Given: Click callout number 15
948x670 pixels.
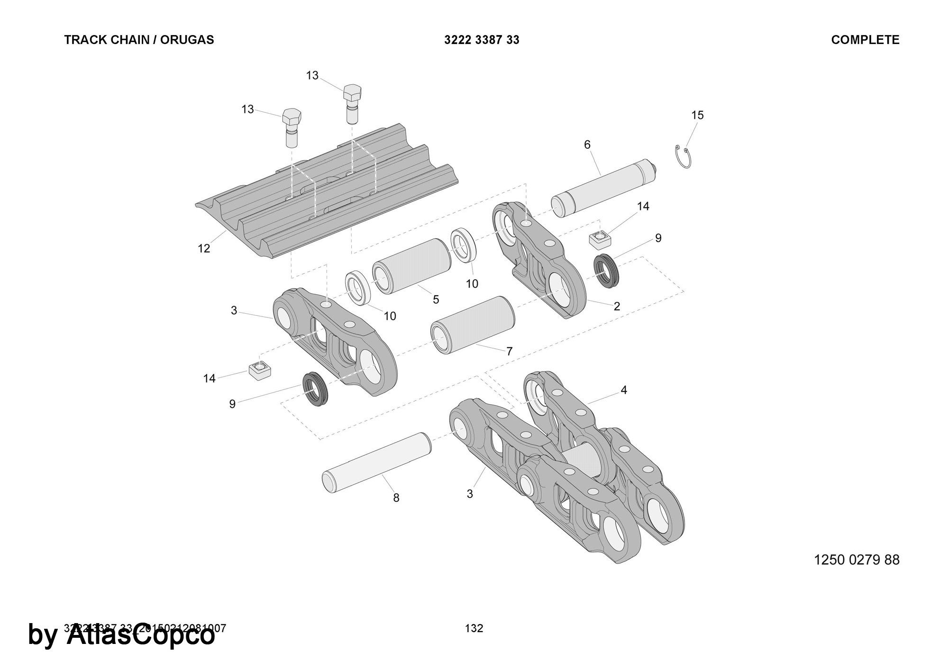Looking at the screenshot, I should (x=697, y=115).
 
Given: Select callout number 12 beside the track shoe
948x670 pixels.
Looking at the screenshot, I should (x=204, y=248).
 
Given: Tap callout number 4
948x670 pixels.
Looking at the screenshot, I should (x=624, y=390).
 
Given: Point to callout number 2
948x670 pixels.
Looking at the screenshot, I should (x=617, y=306).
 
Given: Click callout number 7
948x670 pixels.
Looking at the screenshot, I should (x=510, y=351).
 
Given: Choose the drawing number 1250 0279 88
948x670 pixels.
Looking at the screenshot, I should (x=857, y=560).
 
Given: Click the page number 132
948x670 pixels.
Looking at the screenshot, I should (x=474, y=628).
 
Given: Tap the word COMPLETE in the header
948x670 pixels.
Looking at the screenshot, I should (x=865, y=40).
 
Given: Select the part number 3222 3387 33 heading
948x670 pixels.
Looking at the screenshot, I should (x=482, y=40).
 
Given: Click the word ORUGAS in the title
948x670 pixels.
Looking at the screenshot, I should (x=187, y=40).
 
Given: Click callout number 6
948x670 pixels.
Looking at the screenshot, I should (x=587, y=145).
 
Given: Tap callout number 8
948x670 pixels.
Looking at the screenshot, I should (x=396, y=498).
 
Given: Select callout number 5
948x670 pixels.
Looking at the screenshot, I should (x=436, y=299).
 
